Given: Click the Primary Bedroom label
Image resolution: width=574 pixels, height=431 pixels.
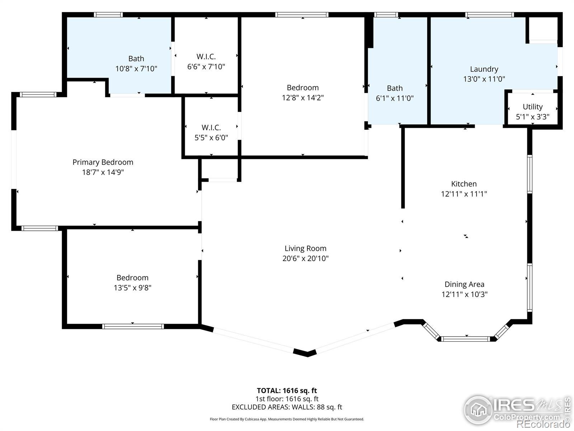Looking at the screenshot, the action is coord(103,162).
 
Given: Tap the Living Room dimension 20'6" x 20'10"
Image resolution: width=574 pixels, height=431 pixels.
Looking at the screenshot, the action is coord(305,259).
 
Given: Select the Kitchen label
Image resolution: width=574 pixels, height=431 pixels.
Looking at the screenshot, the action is coord(464,184).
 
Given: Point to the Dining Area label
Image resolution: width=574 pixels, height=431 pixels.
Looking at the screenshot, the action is coord(465,284).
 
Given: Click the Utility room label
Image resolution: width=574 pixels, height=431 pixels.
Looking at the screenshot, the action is coord(532,107).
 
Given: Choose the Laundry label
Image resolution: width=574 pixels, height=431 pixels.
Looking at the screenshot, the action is coord(484,69).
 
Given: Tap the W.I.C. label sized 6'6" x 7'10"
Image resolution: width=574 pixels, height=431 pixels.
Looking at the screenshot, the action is coord(206,56).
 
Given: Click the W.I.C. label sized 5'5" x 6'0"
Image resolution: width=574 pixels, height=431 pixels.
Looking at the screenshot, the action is coord(211,128).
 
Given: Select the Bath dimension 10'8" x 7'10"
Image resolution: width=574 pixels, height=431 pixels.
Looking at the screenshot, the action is coord(136,69).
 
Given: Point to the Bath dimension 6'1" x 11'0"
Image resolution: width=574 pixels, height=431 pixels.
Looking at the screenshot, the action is coord(395,98).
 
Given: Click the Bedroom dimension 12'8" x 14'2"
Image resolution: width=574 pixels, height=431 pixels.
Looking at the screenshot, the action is coord(302,98).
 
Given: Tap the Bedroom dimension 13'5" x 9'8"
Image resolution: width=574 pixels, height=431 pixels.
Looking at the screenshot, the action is coord(133,288).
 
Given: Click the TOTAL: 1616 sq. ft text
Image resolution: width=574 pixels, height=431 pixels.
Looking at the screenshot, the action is coord(287,391).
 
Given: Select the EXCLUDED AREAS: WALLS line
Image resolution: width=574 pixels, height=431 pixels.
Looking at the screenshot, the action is coord(287,407).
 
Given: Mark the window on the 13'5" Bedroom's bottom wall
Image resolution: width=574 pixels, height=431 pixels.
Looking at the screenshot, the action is coord(133,326).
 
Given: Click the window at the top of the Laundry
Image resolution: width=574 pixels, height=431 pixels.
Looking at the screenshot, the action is coord(490,15).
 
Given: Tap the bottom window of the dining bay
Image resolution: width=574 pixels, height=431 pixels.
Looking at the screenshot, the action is coord(466,339).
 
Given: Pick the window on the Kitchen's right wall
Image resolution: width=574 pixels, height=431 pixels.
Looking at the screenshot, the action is coord(530,174).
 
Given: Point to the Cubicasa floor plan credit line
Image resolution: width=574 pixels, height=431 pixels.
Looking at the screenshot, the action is coord(287,419).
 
